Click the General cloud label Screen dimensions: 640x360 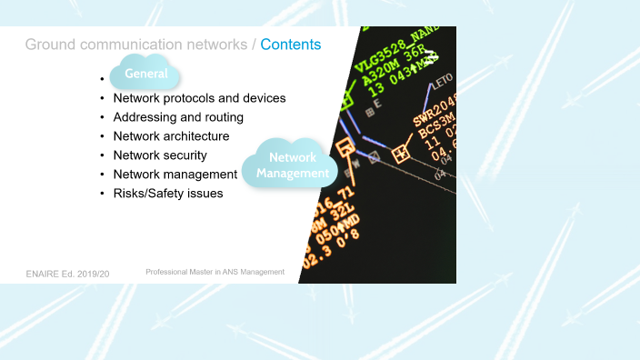pyautogui.click(x=146, y=74)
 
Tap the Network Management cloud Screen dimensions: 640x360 pyautogui.click(x=293, y=165)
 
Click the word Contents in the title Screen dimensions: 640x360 pyautogui.click(x=291, y=44)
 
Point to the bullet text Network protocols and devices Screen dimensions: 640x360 pyautogui.click(x=199, y=98)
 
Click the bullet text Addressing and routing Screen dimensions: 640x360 pyautogui.click(x=178, y=117)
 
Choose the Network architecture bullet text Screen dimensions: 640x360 pyautogui.click(x=171, y=136)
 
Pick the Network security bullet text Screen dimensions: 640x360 pyautogui.click(x=160, y=155)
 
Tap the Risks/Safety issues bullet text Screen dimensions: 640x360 pyautogui.click(x=167, y=194)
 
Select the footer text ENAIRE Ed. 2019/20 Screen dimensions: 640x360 pyautogui.click(x=67, y=273)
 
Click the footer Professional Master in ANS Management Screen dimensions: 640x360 pyautogui.click(x=215, y=272)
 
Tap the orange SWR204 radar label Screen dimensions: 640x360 pyautogui.click(x=433, y=114)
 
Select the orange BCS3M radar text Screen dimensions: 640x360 pyautogui.click(x=435, y=132)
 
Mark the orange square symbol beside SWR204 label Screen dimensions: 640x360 pyautogui.click(x=399, y=155)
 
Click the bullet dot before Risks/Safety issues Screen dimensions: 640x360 pyautogui.click(x=102, y=194)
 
